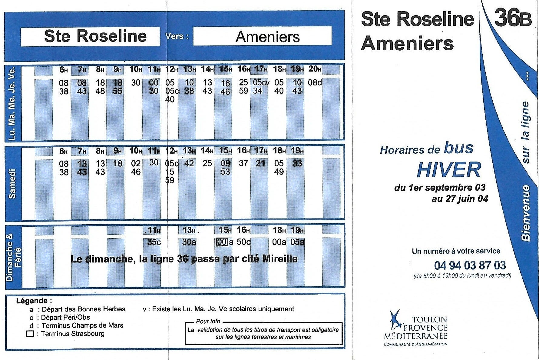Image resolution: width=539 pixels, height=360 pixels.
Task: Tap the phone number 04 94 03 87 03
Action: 470,265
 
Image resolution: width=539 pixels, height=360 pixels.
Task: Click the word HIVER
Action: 448,170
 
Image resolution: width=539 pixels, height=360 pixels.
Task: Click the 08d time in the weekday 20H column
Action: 315,82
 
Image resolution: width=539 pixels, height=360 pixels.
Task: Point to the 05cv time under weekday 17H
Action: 261,82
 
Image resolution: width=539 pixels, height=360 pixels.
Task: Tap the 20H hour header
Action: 315,69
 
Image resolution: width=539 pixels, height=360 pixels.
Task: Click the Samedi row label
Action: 12,184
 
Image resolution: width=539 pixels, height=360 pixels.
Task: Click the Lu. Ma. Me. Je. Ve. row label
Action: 12,103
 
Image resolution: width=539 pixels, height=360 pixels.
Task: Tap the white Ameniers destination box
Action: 262,36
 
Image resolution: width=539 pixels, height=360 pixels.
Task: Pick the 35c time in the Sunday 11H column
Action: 154,242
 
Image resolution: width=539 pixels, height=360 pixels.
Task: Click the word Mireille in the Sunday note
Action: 279,259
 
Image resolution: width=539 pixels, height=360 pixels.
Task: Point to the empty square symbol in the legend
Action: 30,334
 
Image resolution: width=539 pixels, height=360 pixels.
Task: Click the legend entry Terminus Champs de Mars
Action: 82,325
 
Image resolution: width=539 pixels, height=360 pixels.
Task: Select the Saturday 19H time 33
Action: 297,164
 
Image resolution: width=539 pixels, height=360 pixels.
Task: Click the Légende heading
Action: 34,301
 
